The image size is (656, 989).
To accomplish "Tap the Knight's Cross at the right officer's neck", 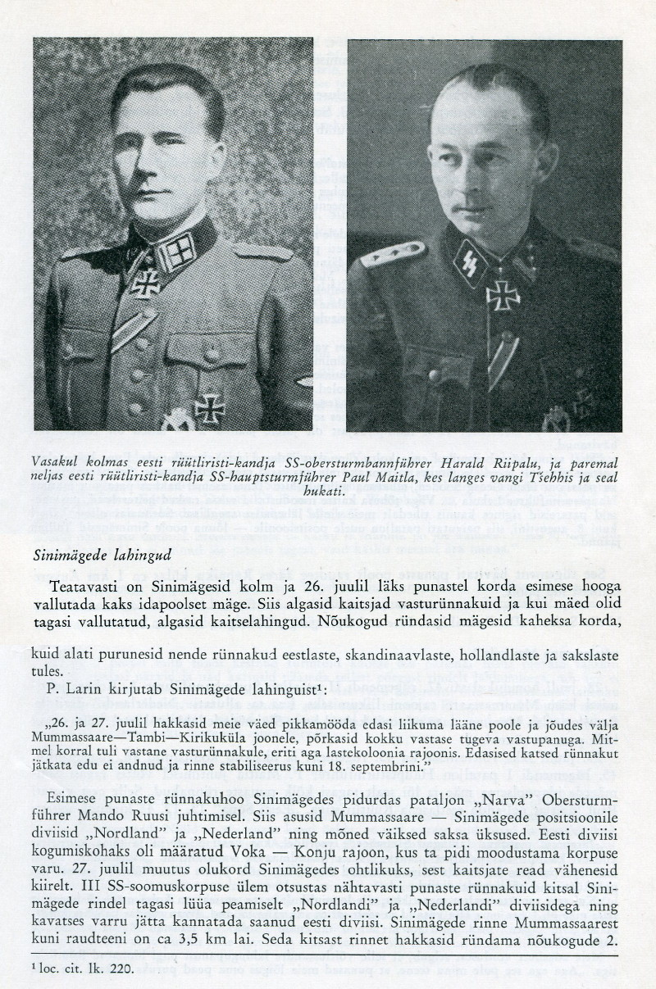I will click(502, 294).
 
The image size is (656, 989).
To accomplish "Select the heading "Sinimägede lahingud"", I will click(102, 555).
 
